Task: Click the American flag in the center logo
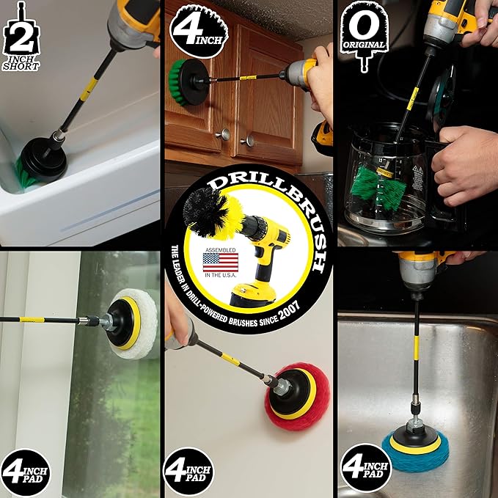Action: (x=220, y=263)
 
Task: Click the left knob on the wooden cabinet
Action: (x=223, y=133)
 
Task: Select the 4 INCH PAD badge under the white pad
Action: (x=26, y=471)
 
